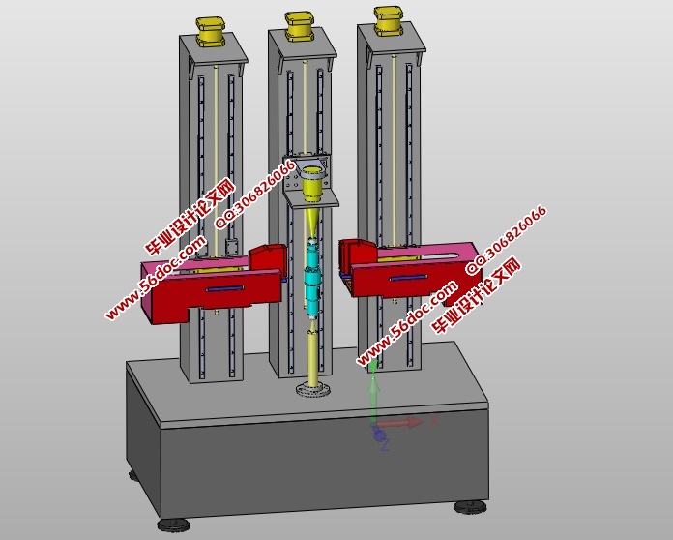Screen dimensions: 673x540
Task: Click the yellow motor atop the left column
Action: click(211, 32)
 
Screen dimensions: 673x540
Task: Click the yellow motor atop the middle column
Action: click(300, 27)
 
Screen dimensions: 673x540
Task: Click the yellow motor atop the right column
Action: click(388, 20)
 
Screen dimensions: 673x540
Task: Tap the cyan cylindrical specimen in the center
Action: click(312, 277)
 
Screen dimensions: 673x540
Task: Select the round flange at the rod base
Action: click(313, 389)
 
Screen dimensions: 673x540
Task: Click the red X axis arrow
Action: click(400, 423)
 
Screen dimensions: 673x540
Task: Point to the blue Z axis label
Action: click(385, 445)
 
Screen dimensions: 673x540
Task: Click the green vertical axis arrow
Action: click(374, 395)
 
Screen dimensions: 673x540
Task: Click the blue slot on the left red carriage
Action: click(225, 288)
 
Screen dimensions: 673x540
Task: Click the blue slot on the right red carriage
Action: click(408, 277)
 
